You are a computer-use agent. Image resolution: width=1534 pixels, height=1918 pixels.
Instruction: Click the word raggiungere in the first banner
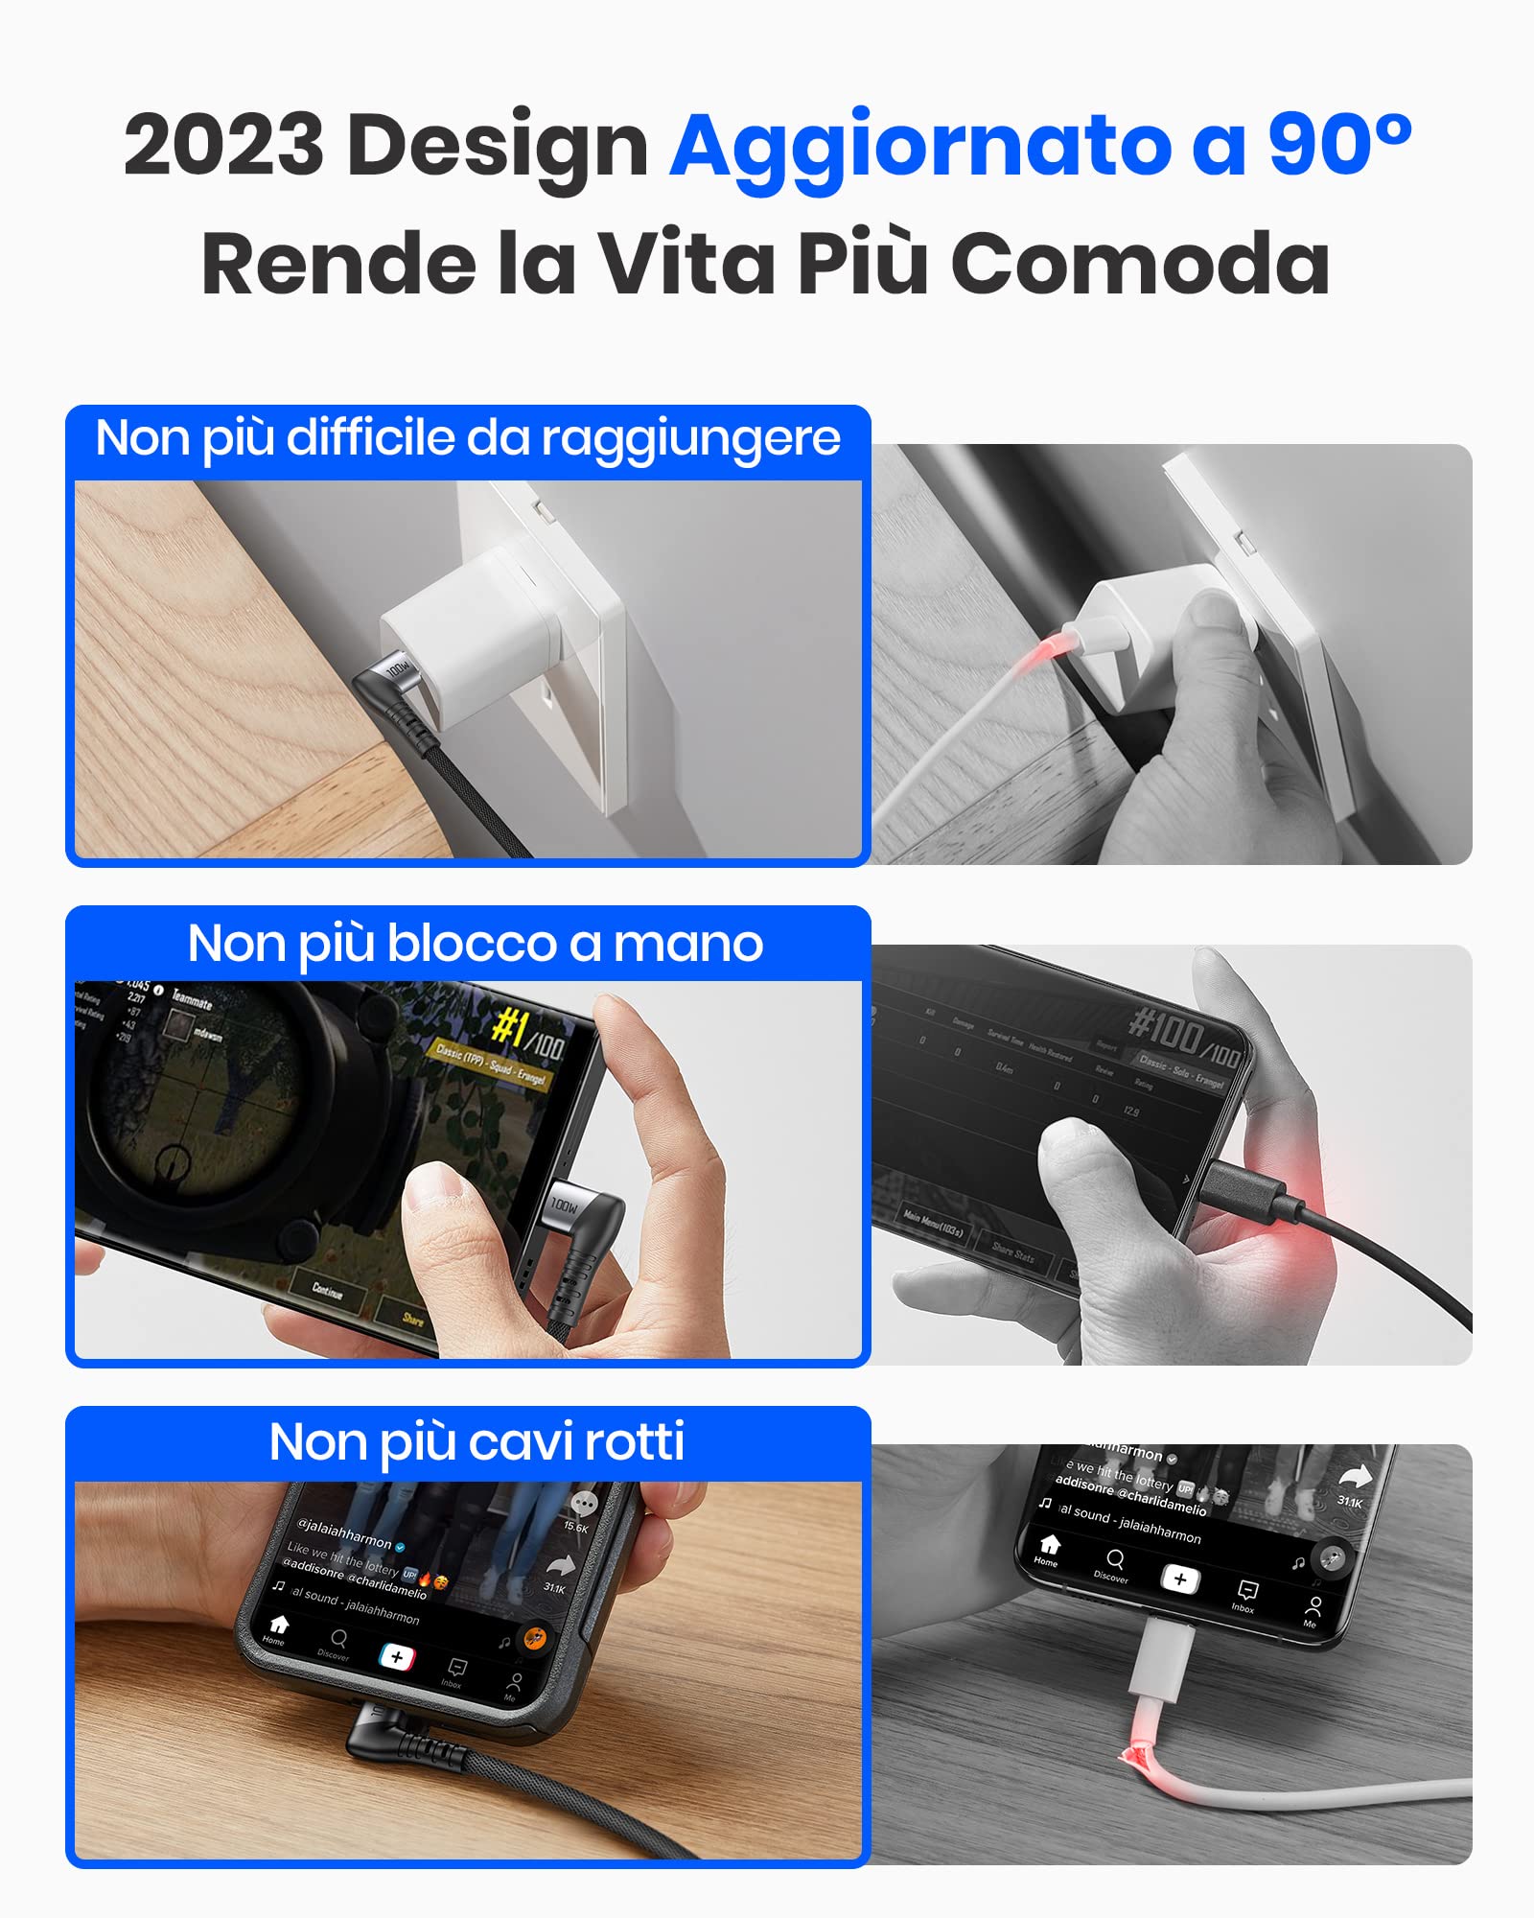(x=690, y=440)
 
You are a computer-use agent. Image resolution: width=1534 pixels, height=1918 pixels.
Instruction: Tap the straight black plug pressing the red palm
(x=1246, y=1189)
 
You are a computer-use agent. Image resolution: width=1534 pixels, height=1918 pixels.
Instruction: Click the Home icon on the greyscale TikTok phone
(x=1049, y=1546)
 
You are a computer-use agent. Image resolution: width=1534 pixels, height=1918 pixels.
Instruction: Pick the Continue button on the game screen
(x=328, y=1292)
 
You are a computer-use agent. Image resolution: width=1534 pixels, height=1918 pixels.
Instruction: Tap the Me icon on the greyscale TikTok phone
(x=1313, y=1608)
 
